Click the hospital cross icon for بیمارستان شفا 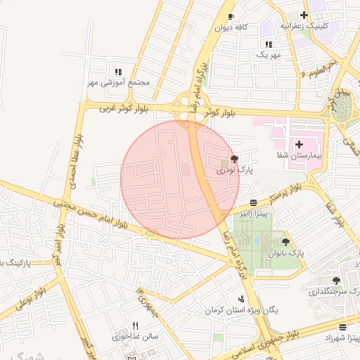pyautogui.click(x=299, y=143)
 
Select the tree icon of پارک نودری pyautogui.click(x=234, y=159)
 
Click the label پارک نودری pyautogui.click(x=234, y=170)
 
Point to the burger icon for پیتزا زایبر pyautogui.click(x=253, y=202)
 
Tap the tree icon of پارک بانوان pyautogui.click(x=285, y=241)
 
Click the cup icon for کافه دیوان pyautogui.click(x=231, y=16)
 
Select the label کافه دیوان pyautogui.click(x=233, y=27)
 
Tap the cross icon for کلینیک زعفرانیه pyautogui.click(x=304, y=15)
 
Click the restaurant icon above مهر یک pyautogui.click(x=269, y=44)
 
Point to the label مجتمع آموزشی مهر pyautogui.click(x=119, y=82)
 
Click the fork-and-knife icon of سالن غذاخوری pyautogui.click(x=135, y=326)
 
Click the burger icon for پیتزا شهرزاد pyautogui.click(x=342, y=327)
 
